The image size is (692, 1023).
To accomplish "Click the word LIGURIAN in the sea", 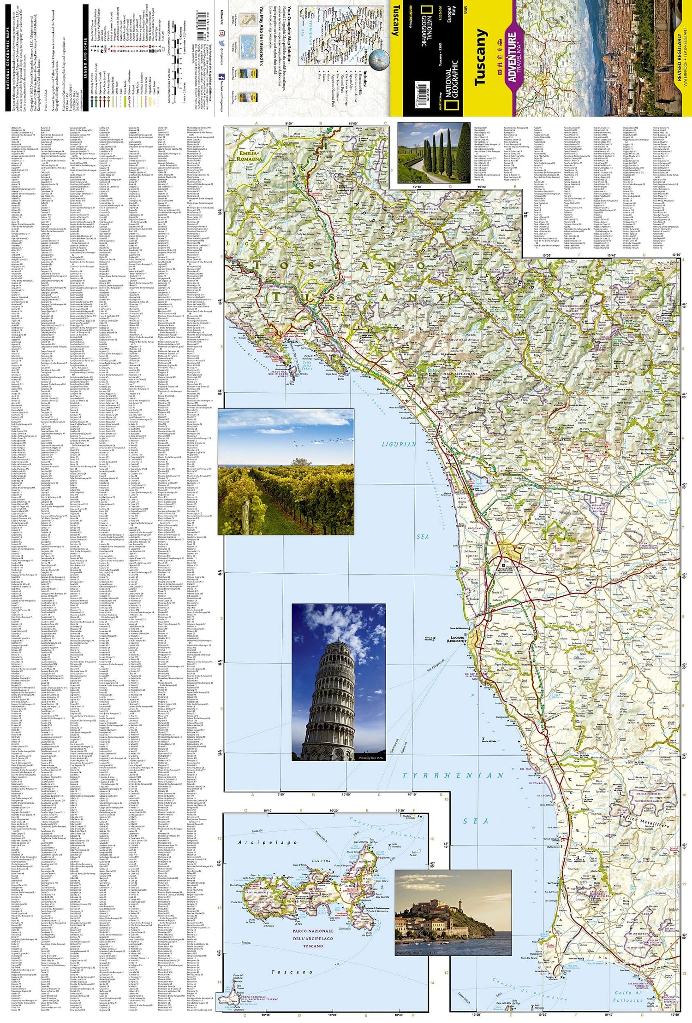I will pyautogui.click(x=399, y=444).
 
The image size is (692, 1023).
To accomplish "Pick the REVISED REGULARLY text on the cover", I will pyautogui.click(x=679, y=57).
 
